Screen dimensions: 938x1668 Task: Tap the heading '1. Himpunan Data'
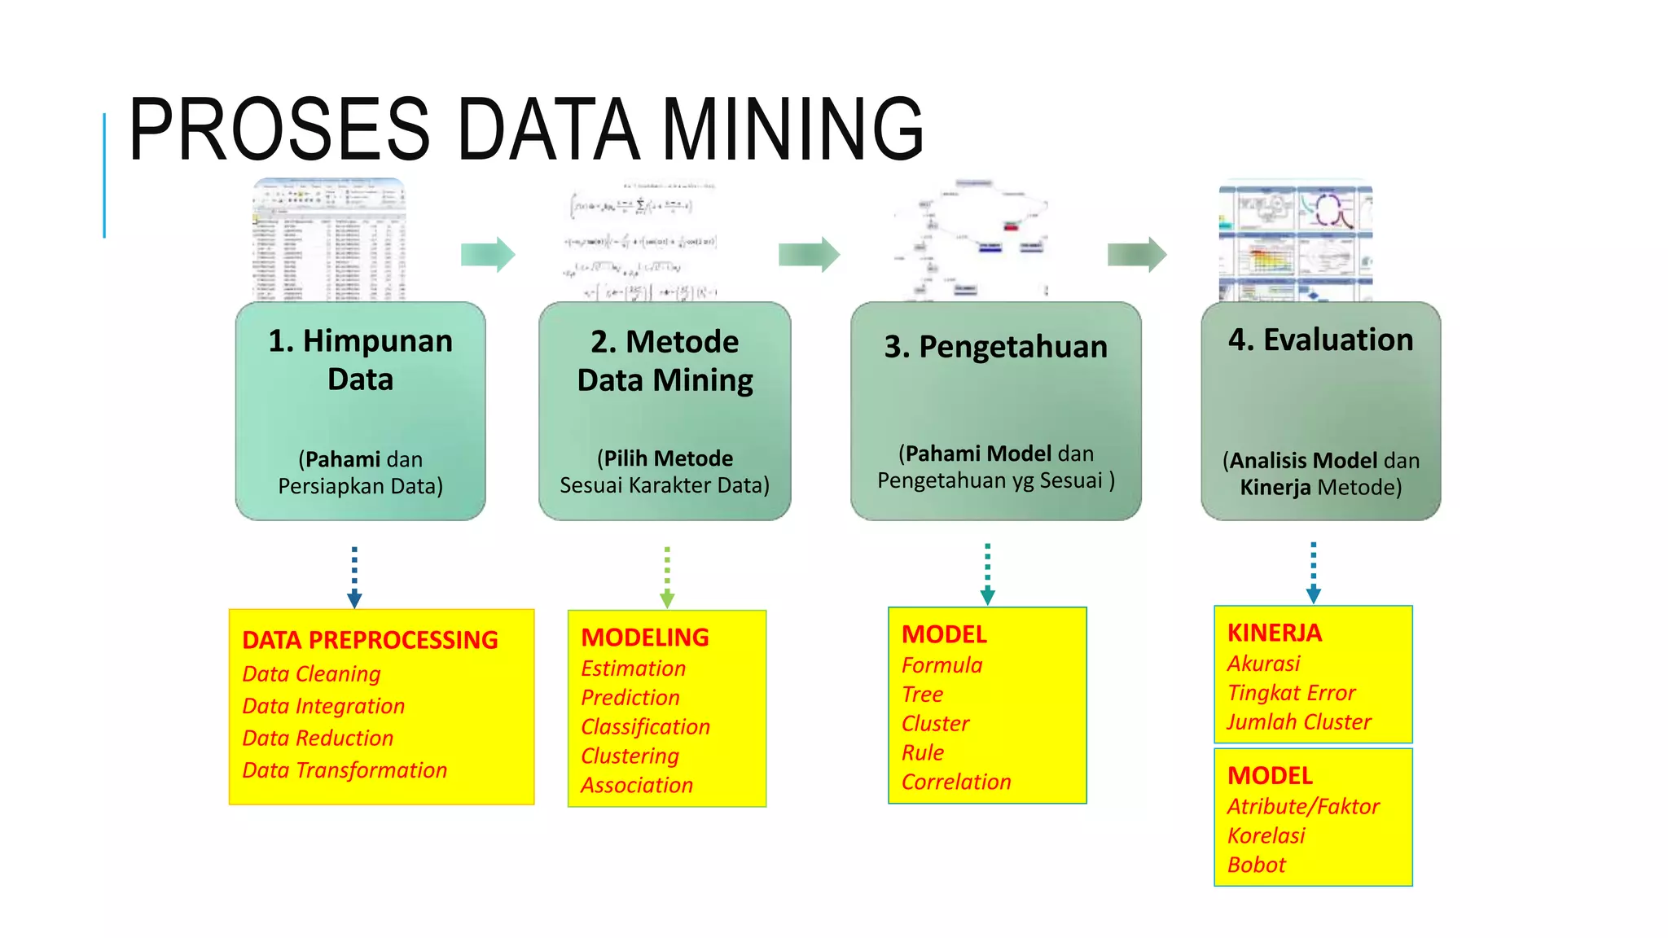pyautogui.click(x=360, y=360)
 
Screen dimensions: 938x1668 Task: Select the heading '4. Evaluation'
pyautogui.click(x=1320, y=340)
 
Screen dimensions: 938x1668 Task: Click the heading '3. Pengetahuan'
pyautogui.click(x=995, y=347)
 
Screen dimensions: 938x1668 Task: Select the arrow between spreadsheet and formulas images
pyautogui.click(x=488, y=255)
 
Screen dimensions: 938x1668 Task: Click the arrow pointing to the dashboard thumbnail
pyautogui.click(x=1137, y=255)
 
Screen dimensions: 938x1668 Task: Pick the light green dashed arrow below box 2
pyautogui.click(x=667, y=576)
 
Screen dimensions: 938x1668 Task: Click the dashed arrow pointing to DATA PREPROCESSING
pyautogui.click(x=354, y=576)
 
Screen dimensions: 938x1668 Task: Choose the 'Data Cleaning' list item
pyautogui.click(x=311, y=674)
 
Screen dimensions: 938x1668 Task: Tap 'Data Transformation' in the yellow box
pyautogui.click(x=345, y=770)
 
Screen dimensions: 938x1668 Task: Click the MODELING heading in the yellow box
pyautogui.click(x=645, y=638)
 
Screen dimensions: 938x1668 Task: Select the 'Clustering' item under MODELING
pyautogui.click(x=630, y=756)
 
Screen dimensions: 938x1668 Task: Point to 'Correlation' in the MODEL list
pyautogui.click(x=956, y=782)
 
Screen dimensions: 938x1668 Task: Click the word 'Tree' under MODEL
pyautogui.click(x=922, y=695)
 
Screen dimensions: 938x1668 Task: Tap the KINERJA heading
pyautogui.click(x=1275, y=633)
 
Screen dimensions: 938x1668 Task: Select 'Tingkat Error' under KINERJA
pyautogui.click(x=1291, y=693)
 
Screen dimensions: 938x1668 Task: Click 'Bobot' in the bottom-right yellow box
pyautogui.click(x=1256, y=866)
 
